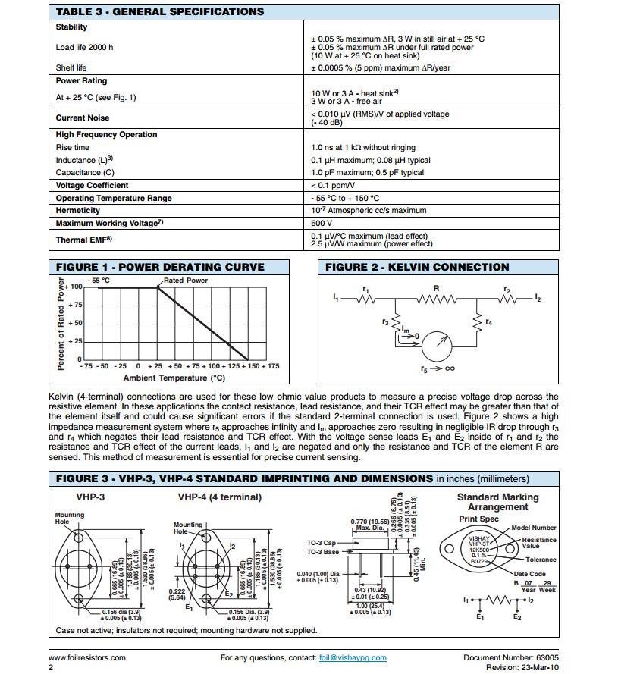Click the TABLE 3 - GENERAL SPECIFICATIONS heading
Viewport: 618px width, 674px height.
[160, 11]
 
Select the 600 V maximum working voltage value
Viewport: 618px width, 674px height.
[322, 224]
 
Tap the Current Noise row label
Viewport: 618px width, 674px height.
[83, 118]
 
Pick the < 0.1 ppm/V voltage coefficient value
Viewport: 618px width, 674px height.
[333, 186]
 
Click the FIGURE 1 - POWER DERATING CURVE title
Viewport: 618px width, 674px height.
[160, 267]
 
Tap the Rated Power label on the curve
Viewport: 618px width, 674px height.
[186, 281]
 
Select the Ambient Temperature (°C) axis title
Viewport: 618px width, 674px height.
[174, 378]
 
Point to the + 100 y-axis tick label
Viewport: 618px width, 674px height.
[74, 287]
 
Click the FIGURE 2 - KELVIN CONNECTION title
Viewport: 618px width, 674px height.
[417, 267]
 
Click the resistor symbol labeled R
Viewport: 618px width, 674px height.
[435, 298]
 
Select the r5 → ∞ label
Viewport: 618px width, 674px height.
[438, 369]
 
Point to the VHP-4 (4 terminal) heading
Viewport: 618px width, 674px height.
[219, 497]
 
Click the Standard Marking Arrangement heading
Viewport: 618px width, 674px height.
[497, 502]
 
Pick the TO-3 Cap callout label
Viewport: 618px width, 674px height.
[321, 543]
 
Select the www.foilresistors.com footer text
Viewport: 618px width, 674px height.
[87, 658]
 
